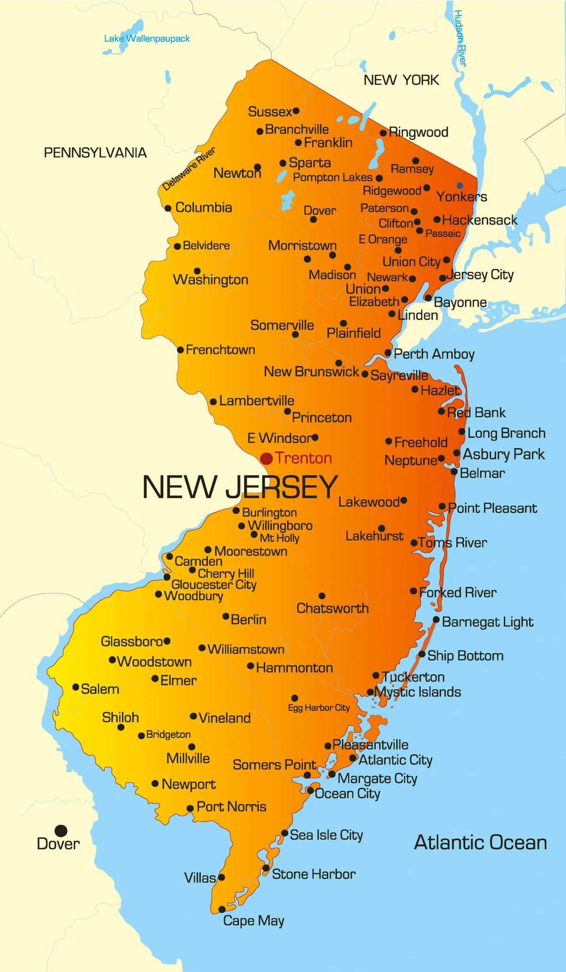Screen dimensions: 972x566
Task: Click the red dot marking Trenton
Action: point(266,458)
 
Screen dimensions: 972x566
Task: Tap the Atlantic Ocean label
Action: point(480,843)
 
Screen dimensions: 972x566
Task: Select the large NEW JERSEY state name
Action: point(240,487)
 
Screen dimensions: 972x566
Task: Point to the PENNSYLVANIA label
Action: point(95,152)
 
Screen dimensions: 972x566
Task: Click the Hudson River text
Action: point(460,38)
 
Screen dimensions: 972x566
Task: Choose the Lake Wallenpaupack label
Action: point(147,39)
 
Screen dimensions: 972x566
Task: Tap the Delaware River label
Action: point(189,168)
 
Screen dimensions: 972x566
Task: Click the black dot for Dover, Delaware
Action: point(61,830)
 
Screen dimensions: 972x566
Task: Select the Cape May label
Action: point(253,921)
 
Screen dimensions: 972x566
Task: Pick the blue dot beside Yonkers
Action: point(460,185)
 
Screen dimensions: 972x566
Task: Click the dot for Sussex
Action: point(296,111)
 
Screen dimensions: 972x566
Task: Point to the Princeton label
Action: point(322,418)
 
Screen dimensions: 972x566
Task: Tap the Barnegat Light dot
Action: point(436,620)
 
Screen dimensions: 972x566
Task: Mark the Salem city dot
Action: point(75,687)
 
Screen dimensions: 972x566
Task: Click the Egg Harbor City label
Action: point(319,708)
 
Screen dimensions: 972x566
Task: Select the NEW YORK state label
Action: point(401,80)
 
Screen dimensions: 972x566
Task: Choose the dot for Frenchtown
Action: point(180,350)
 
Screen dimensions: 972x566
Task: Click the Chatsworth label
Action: point(333,608)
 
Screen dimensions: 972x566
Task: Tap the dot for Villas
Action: point(221,877)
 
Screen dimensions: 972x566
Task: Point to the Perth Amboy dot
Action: point(388,352)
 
